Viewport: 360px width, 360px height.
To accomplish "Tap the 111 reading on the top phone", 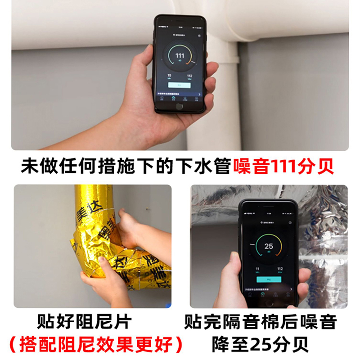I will pos(180,56).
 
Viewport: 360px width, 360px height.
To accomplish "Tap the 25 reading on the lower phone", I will pos(269,246).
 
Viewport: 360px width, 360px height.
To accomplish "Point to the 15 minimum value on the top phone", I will pos(170,76).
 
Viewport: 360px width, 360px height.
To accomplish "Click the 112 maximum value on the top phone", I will pos(189,76).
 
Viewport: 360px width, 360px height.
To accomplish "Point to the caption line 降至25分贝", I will pos(261,344).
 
